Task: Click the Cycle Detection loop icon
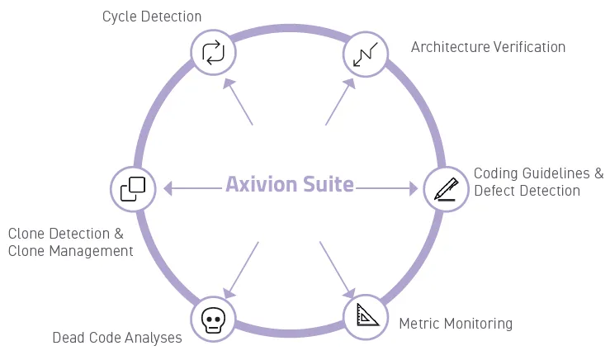click(x=214, y=53)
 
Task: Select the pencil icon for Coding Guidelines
click(x=446, y=189)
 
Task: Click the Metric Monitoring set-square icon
click(x=366, y=316)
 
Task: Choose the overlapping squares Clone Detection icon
click(x=133, y=188)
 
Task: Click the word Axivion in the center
click(x=258, y=184)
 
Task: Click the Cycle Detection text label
click(x=152, y=17)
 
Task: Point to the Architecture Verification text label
click(x=488, y=47)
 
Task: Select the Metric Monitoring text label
click(x=456, y=323)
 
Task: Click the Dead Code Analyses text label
click(x=117, y=337)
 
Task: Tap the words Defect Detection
click(x=527, y=191)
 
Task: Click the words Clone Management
click(x=70, y=251)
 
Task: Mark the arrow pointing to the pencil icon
click(x=388, y=189)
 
